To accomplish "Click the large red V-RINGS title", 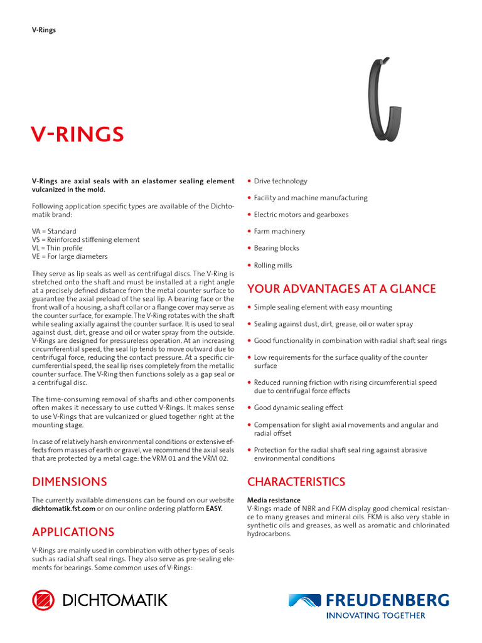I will [78, 134].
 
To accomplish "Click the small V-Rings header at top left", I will [44, 30].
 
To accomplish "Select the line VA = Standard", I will [54, 231].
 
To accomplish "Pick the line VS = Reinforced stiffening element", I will [86, 240].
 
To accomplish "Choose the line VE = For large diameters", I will [70, 256].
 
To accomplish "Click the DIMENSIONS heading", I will [70, 482].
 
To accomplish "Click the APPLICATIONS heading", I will [73, 532].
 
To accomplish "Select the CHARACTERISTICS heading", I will [296, 482].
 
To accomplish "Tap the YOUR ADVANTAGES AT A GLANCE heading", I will [341, 289].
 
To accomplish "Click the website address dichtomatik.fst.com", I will [63, 508].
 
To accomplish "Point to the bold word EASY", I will [214, 508].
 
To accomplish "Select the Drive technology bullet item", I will [281, 181].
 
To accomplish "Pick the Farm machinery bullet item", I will [279, 232].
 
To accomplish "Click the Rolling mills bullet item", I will [273, 266].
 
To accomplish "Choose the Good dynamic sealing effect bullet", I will [298, 408].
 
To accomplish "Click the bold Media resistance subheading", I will [274, 500].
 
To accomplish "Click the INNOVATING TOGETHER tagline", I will [377, 615].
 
